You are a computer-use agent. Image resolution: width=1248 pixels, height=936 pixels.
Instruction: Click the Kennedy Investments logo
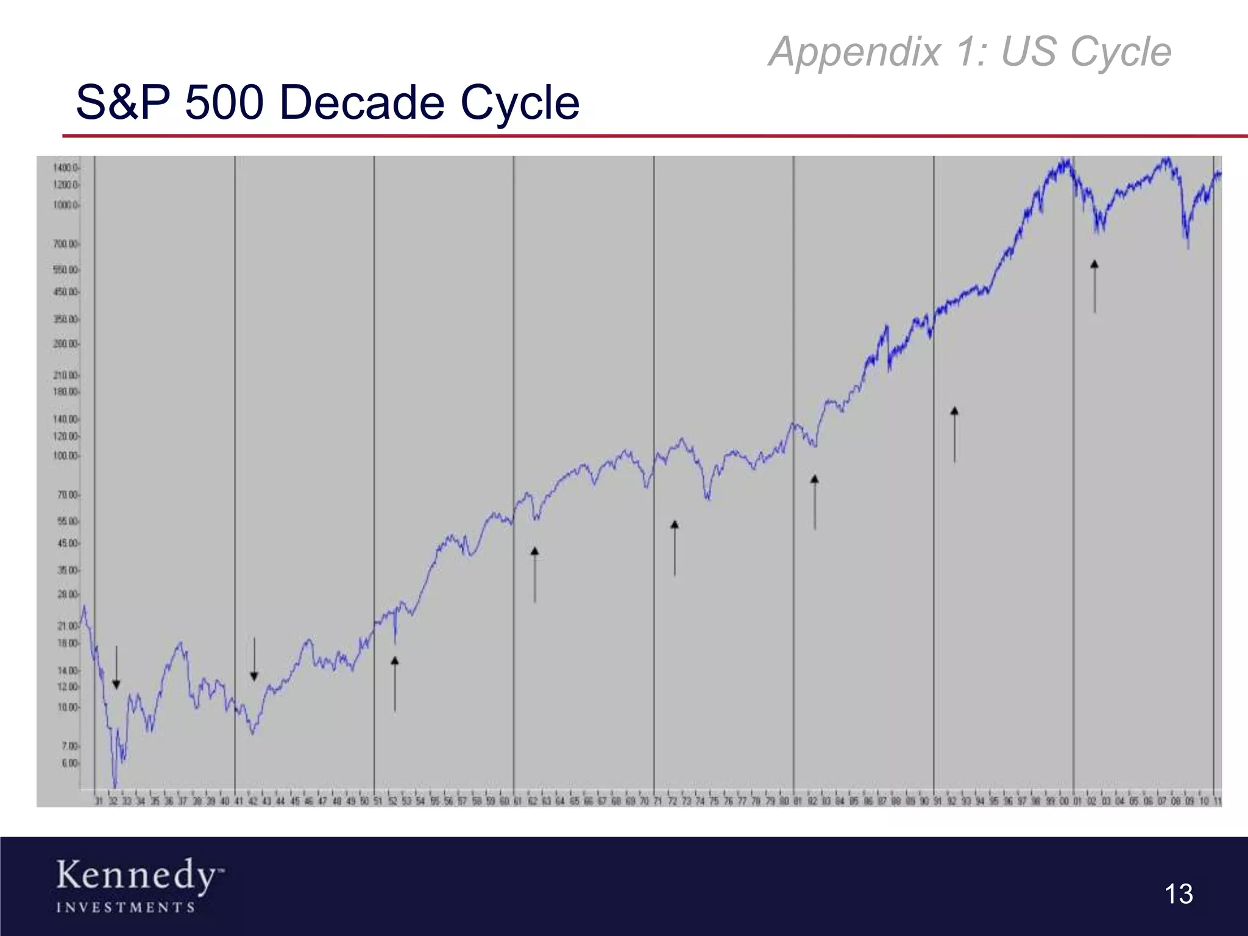pos(140,885)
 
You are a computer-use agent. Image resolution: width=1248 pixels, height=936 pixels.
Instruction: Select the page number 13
pos(1178,894)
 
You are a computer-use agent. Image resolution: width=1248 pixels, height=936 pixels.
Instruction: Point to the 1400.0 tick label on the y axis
pos(65,168)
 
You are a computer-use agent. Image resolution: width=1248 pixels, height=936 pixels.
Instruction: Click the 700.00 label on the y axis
pos(66,244)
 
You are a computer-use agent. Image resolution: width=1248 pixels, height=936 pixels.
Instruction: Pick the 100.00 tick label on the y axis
pos(66,456)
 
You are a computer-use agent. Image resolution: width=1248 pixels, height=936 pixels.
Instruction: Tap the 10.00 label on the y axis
pos(68,707)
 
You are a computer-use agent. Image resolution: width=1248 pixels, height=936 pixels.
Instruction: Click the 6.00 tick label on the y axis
pos(69,764)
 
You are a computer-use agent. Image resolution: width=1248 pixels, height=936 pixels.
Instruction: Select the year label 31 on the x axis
pos(99,801)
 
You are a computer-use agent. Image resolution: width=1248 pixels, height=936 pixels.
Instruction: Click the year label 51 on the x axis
pos(378,801)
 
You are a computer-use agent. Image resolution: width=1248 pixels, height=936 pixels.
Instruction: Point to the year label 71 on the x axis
pos(658,801)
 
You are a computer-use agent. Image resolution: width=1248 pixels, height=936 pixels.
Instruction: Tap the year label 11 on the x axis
pos(1217,801)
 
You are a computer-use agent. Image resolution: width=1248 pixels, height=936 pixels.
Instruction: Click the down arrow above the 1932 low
pos(116,668)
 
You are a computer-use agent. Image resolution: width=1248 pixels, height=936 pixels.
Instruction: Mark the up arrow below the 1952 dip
pos(395,684)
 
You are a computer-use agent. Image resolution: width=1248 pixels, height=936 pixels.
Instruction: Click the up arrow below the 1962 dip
pos(534,575)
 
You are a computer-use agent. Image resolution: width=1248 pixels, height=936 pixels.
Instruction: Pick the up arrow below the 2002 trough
pos(1094,286)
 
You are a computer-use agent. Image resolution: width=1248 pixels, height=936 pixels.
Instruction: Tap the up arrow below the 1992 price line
pos(954,434)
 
